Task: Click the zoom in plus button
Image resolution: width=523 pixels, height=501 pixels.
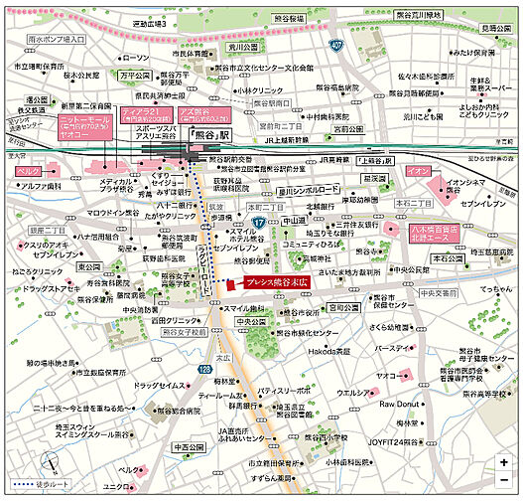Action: click(x=505, y=462)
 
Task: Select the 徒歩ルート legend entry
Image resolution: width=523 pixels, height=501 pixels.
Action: click(x=48, y=488)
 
